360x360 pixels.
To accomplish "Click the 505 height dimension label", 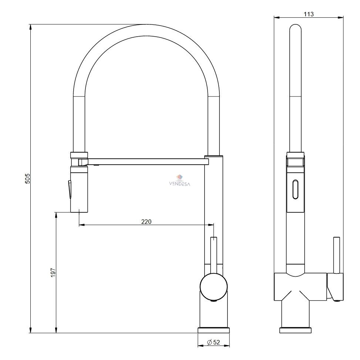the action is click(27, 178).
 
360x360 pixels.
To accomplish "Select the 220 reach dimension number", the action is click(146, 222).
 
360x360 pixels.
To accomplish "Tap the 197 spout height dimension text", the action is click(53, 273).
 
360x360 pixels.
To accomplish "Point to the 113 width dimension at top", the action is click(309, 14).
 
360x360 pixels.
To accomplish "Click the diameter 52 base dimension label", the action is click(213, 342).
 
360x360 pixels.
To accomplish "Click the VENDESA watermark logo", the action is click(179, 181).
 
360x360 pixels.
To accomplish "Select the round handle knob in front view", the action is click(214, 286).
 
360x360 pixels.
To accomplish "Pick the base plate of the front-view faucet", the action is click(214, 330).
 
